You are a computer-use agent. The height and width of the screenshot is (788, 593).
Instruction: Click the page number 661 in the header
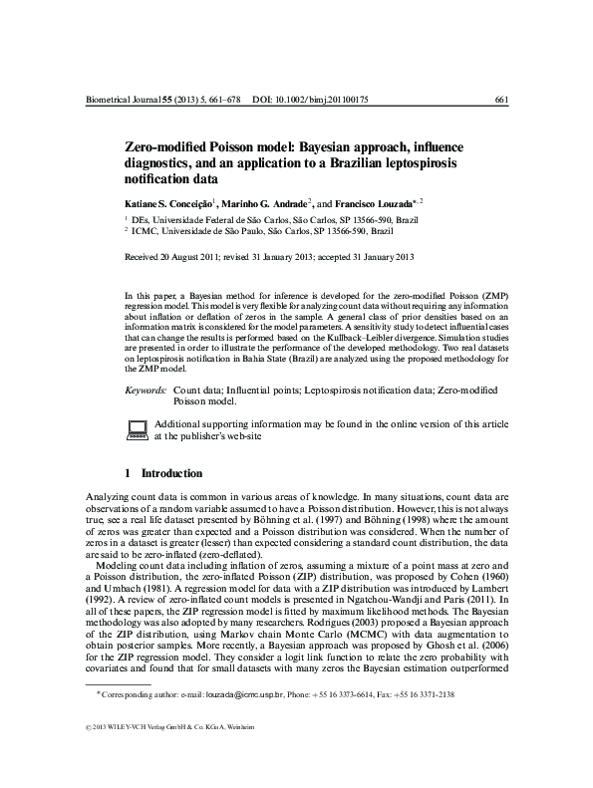[502, 101]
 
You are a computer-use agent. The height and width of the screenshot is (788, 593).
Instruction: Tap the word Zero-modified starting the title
[162, 146]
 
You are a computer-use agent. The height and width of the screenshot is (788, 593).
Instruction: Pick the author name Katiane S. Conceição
[166, 203]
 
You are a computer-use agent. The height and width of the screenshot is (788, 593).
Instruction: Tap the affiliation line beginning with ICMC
[249, 229]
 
